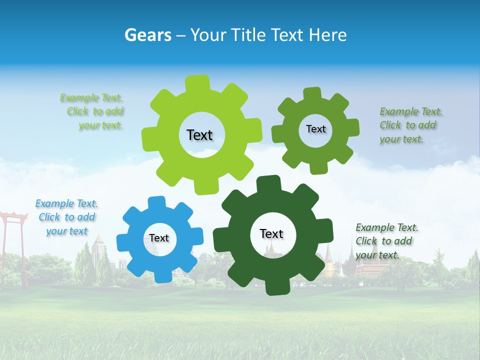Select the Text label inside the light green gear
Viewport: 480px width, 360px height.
(199, 135)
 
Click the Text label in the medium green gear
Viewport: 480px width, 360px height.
(315, 129)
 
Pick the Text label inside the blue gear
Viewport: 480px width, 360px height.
(159, 238)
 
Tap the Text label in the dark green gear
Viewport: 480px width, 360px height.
(271, 233)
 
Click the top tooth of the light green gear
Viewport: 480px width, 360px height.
(197, 83)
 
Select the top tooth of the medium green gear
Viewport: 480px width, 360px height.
(312, 93)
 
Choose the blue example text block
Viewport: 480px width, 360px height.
(66, 217)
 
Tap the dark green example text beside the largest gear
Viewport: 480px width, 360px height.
(386, 241)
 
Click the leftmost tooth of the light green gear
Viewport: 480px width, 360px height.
(149, 138)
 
